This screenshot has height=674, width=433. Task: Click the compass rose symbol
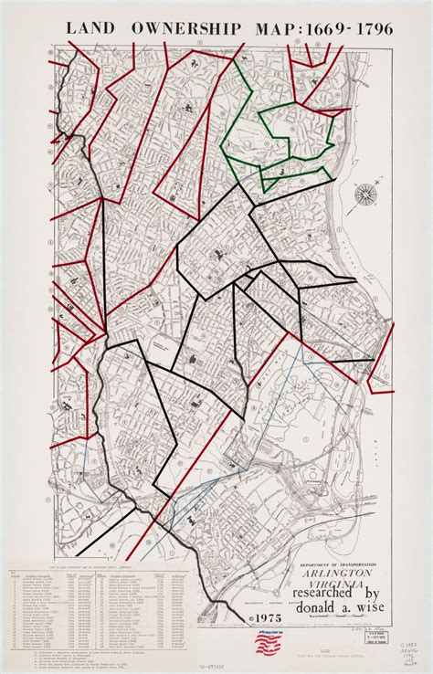point(367,193)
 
